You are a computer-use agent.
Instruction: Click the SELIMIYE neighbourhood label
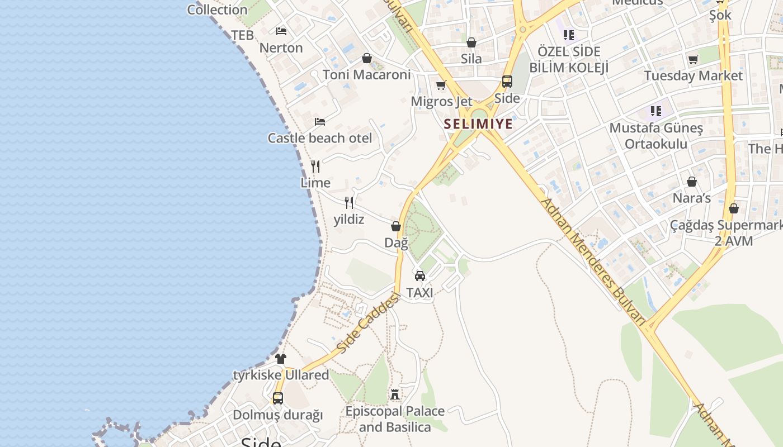coord(478,124)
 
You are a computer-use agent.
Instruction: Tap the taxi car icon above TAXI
coord(420,275)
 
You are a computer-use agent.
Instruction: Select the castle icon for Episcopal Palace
coord(395,394)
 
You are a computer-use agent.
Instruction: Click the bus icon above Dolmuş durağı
coord(278,398)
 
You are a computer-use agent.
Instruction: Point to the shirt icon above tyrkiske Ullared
coord(281,358)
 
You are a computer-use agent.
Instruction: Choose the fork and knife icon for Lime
coord(315,166)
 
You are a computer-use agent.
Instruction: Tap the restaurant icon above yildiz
coord(349,202)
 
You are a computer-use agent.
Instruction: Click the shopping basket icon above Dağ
coord(396,226)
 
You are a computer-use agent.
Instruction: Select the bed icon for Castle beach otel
coord(320,121)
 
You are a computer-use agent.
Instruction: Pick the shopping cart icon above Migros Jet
coord(441,85)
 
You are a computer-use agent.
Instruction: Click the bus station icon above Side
coord(507,82)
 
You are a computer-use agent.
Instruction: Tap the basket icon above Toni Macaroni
coord(367,58)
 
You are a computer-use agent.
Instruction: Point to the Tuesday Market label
coord(694,75)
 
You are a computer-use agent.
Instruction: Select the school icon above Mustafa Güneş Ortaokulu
coord(656,111)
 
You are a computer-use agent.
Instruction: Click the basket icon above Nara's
coord(692,182)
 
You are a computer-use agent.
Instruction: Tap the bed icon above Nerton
coord(281,31)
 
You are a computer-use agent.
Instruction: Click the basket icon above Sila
coord(471,42)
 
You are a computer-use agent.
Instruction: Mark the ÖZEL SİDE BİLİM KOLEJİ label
coord(568,60)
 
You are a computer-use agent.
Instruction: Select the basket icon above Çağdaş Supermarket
coord(734,208)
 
